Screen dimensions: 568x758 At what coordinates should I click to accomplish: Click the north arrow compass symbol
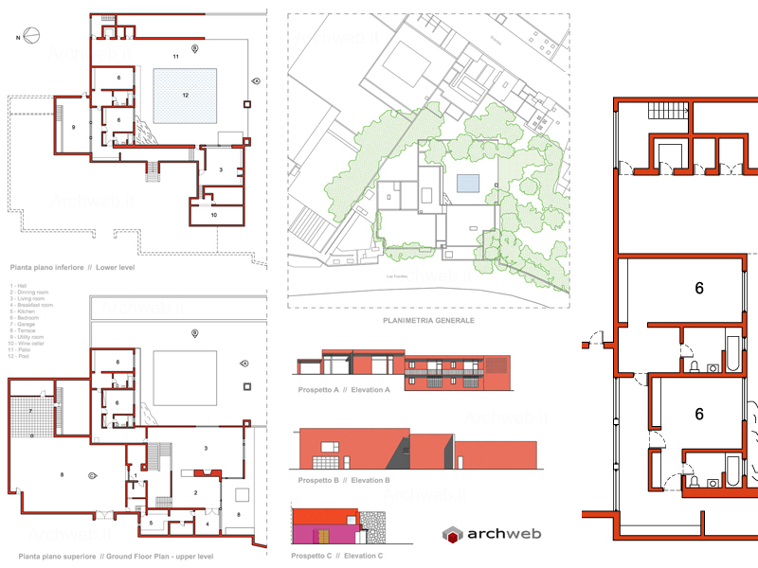pyautogui.click(x=31, y=38)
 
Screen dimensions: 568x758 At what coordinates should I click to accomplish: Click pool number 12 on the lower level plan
pyautogui.click(x=186, y=95)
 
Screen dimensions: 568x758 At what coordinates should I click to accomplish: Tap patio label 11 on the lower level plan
pyautogui.click(x=176, y=58)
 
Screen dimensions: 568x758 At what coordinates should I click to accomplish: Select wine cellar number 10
pyautogui.click(x=214, y=216)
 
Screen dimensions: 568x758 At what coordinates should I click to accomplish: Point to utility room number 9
pyautogui.click(x=73, y=126)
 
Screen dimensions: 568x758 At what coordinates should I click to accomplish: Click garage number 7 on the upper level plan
pyautogui.click(x=30, y=412)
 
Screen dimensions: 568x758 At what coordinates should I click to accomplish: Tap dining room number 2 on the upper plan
pyautogui.click(x=195, y=493)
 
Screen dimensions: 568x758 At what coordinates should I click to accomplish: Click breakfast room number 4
pyautogui.click(x=208, y=523)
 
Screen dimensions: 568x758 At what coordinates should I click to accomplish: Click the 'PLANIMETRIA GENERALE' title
pyautogui.click(x=428, y=321)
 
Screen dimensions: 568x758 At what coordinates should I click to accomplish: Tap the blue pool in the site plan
pyautogui.click(x=465, y=184)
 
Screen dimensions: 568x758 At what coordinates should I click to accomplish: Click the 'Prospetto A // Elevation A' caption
pyautogui.click(x=338, y=390)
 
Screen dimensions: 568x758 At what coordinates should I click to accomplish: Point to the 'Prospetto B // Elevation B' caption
pyautogui.click(x=338, y=481)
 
